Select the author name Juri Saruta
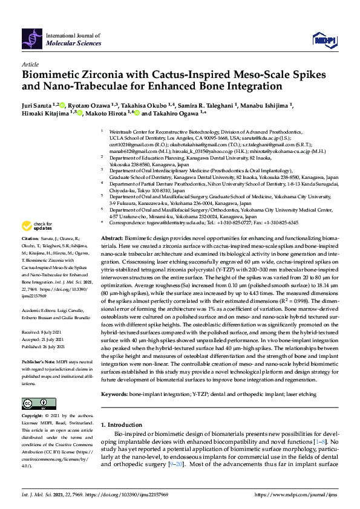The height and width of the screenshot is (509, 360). (x=39, y=105)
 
